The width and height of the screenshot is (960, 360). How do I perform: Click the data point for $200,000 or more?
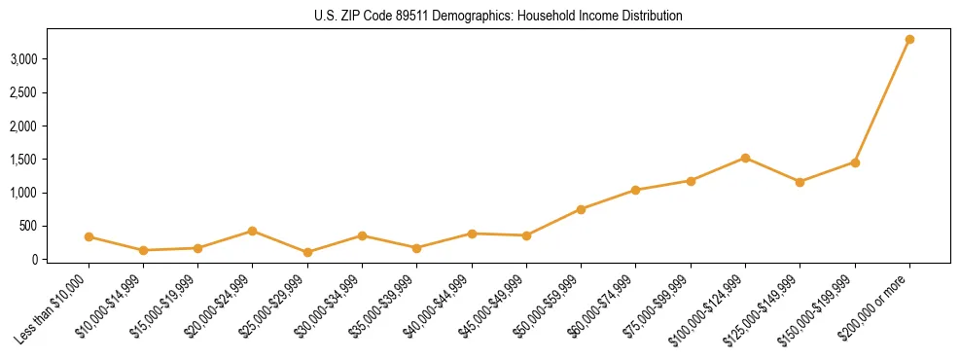(x=909, y=39)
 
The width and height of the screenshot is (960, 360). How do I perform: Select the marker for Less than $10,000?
(x=89, y=236)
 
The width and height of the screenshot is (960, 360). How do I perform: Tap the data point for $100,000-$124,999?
(x=745, y=158)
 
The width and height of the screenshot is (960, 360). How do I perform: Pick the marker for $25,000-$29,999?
(x=307, y=252)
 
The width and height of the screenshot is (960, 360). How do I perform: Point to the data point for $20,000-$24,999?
(x=253, y=231)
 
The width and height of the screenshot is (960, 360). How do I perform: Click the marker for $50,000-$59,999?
(x=581, y=209)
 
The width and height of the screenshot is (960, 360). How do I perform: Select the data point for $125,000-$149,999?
(x=800, y=182)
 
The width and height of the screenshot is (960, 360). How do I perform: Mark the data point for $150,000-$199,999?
(x=855, y=162)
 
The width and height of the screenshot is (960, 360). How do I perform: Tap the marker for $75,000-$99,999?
(x=691, y=181)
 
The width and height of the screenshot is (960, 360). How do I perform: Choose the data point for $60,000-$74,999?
(x=635, y=190)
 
